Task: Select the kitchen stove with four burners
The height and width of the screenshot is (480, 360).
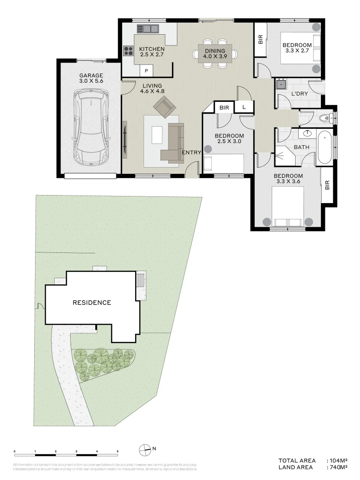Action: click(x=128, y=51)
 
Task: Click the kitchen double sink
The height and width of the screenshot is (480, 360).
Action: click(x=148, y=29)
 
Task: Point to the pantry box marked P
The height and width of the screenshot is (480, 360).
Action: click(x=146, y=71)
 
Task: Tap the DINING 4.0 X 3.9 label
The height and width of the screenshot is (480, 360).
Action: click(x=215, y=54)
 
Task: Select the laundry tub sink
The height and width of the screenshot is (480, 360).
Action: click(x=281, y=84)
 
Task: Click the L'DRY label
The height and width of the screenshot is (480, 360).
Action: click(x=300, y=94)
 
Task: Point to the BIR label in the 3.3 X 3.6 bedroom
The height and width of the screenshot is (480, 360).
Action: click(x=327, y=185)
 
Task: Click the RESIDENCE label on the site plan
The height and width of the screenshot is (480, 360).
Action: click(x=92, y=303)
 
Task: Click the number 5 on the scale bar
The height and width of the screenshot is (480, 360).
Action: click(x=117, y=451)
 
